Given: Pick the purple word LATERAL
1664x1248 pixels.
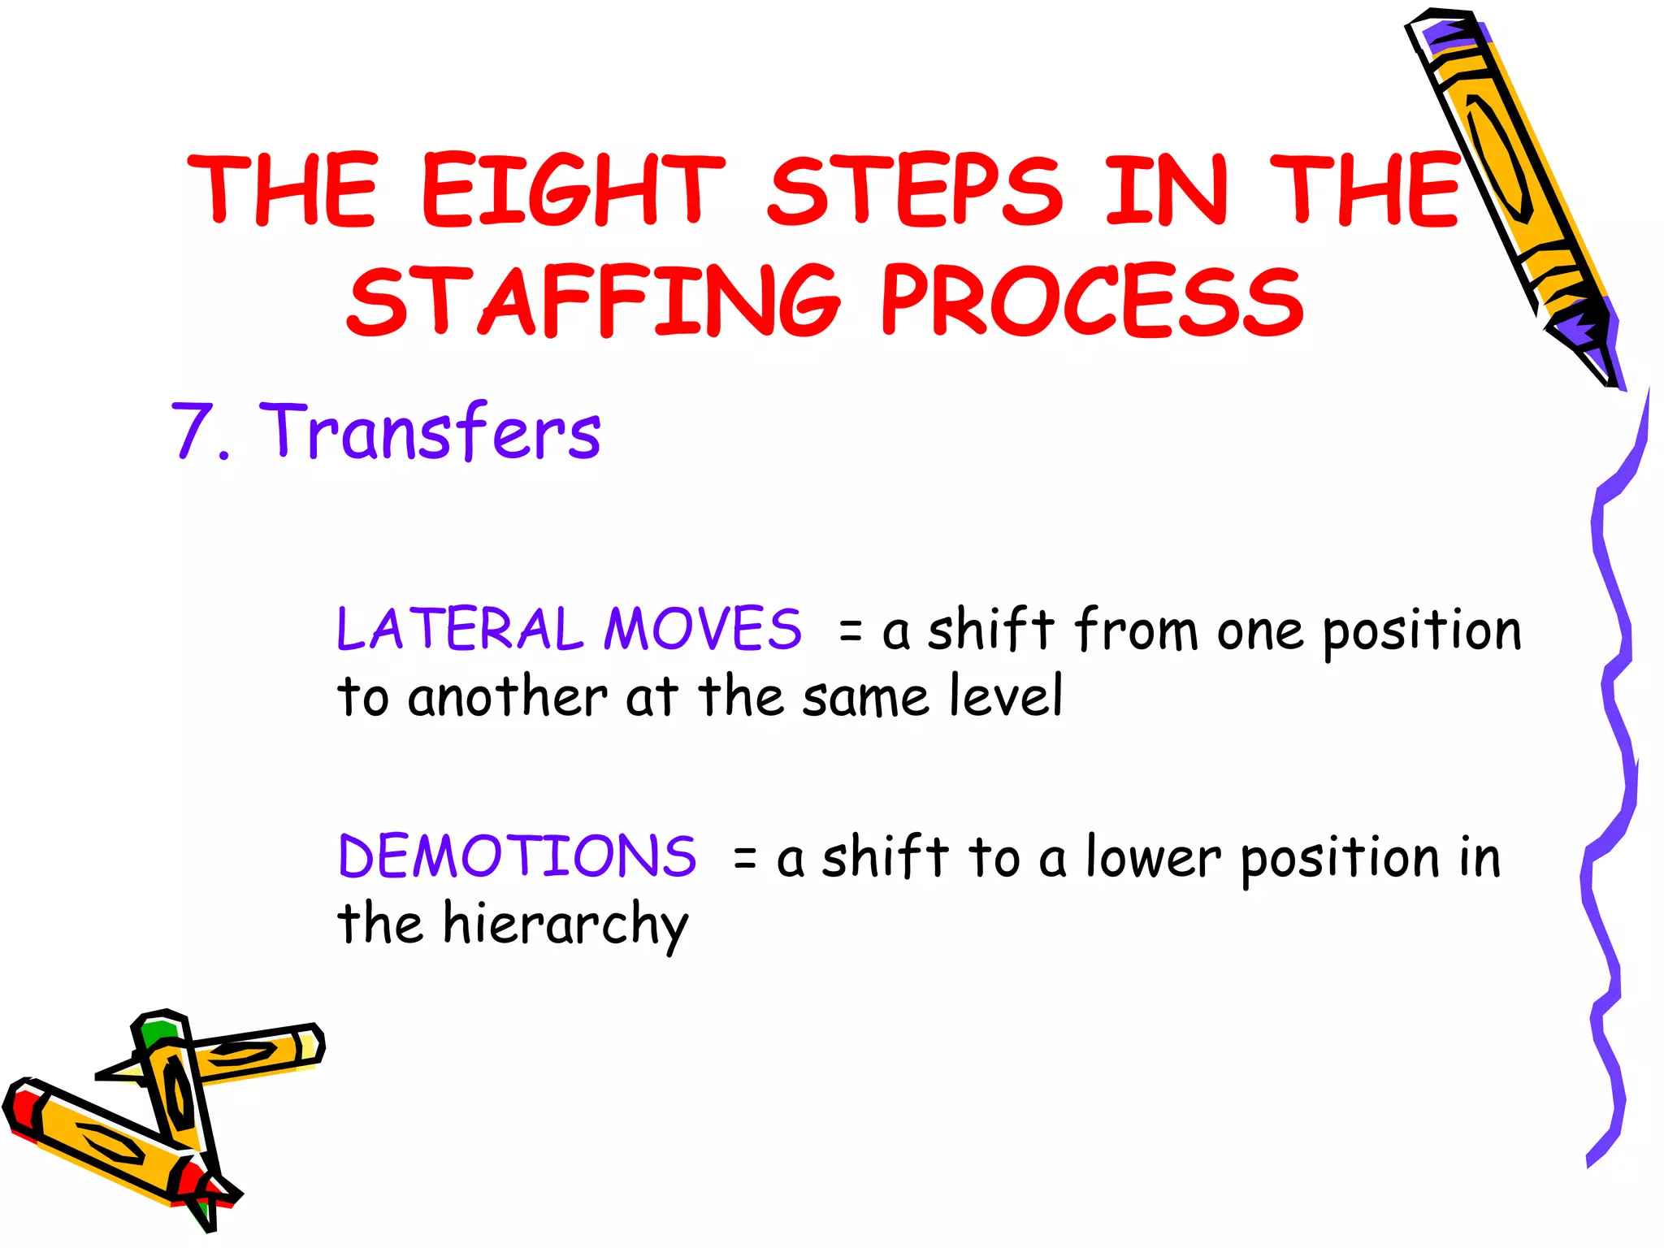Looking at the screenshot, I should tap(460, 629).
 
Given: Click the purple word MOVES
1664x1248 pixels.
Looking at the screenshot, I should tap(702, 629).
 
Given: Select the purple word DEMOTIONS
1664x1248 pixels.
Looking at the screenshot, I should tap(517, 856).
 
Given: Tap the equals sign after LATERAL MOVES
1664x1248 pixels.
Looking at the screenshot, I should tap(850, 630).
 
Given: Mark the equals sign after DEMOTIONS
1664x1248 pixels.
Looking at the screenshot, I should tap(744, 858).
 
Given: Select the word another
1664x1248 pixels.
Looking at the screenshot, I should tap(507, 697).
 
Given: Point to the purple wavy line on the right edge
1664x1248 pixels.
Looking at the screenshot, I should tap(1613, 772).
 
